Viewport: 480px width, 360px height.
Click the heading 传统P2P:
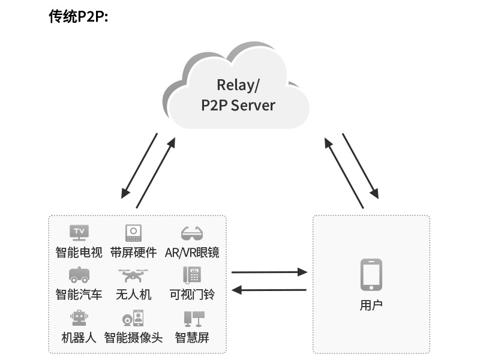tap(78, 16)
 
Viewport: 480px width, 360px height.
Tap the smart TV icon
tap(79, 232)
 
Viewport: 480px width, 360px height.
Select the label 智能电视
tap(79, 252)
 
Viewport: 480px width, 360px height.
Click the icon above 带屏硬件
tap(133, 232)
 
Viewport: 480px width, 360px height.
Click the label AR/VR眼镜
tap(192, 252)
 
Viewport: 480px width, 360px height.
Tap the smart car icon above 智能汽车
tap(79, 275)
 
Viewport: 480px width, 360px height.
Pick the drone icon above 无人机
tap(133, 275)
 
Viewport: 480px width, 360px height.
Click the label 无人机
tap(133, 294)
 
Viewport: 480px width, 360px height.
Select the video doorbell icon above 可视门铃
tap(192, 275)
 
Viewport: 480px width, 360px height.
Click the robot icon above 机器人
tap(79, 317)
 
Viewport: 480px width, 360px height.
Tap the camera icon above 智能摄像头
tap(133, 317)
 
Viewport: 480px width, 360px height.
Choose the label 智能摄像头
tap(133, 337)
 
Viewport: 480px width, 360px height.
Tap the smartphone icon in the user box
tap(371, 275)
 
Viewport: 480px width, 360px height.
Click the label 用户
tap(371, 305)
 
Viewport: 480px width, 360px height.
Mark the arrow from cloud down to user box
tap(360, 166)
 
